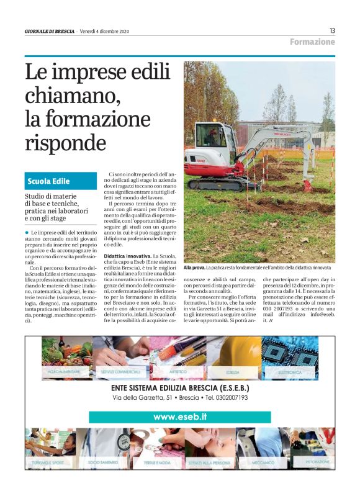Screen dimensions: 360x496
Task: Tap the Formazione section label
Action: [x=312, y=42]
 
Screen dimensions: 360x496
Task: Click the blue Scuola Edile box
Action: [x=61, y=181]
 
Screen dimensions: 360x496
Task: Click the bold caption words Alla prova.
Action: [x=194, y=268]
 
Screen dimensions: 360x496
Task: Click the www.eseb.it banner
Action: [x=180, y=417]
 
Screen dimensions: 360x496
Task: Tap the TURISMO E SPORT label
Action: [x=50, y=463]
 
